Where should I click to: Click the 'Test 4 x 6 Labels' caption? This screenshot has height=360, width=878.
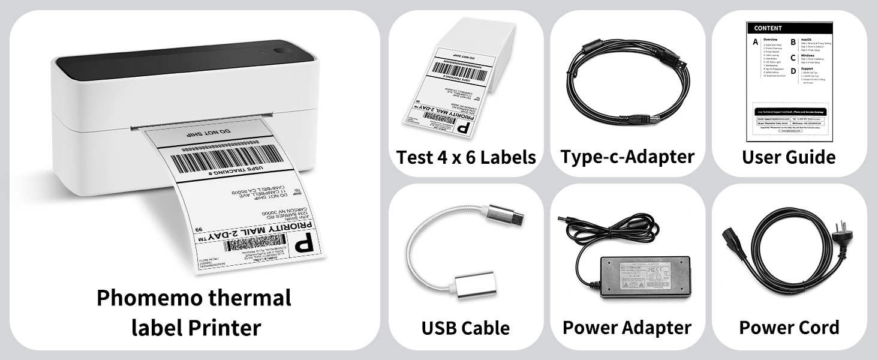pos(466,157)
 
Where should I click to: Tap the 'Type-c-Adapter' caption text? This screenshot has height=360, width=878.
pos(627,157)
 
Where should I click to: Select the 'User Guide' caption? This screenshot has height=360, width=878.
pos(789,157)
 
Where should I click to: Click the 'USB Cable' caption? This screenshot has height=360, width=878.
pos(465,328)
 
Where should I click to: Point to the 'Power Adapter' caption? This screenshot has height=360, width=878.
pos(627,328)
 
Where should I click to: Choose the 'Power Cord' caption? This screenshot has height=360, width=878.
pos(789,328)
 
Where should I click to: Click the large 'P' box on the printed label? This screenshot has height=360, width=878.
pos(305,245)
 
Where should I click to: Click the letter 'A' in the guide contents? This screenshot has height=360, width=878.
pos(755,43)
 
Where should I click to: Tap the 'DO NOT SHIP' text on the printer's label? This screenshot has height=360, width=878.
pos(215,131)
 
